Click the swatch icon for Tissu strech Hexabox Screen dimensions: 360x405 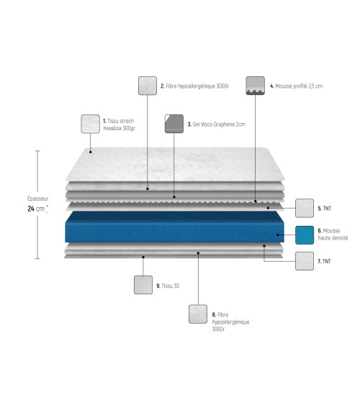[x=90, y=124]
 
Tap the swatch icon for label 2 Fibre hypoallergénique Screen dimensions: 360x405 [x=148, y=86]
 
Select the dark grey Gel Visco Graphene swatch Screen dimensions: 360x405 [x=174, y=124]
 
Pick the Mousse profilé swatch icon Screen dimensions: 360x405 [x=256, y=86]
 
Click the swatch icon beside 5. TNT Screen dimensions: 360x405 [x=305, y=208]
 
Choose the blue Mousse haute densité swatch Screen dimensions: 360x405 [x=305, y=235]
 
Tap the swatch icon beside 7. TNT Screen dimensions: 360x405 [x=305, y=261]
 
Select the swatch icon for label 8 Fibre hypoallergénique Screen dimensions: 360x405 [x=198, y=314]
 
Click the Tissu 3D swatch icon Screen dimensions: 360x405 [x=143, y=285]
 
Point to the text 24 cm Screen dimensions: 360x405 [x=36, y=209]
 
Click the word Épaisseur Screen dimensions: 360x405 [x=37, y=199]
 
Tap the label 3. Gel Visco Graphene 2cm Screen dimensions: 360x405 [x=217, y=124]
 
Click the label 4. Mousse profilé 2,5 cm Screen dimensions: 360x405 [x=297, y=86]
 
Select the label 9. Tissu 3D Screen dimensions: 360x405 [x=168, y=286]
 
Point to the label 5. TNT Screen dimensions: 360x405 [x=325, y=209]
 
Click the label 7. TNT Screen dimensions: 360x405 [x=324, y=262]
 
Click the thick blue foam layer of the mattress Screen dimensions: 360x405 [x=174, y=227]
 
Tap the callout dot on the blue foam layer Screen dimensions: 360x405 [x=278, y=235]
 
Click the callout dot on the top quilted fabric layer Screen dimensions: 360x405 [x=91, y=152]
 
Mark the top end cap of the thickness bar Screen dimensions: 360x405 [x=37, y=151]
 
